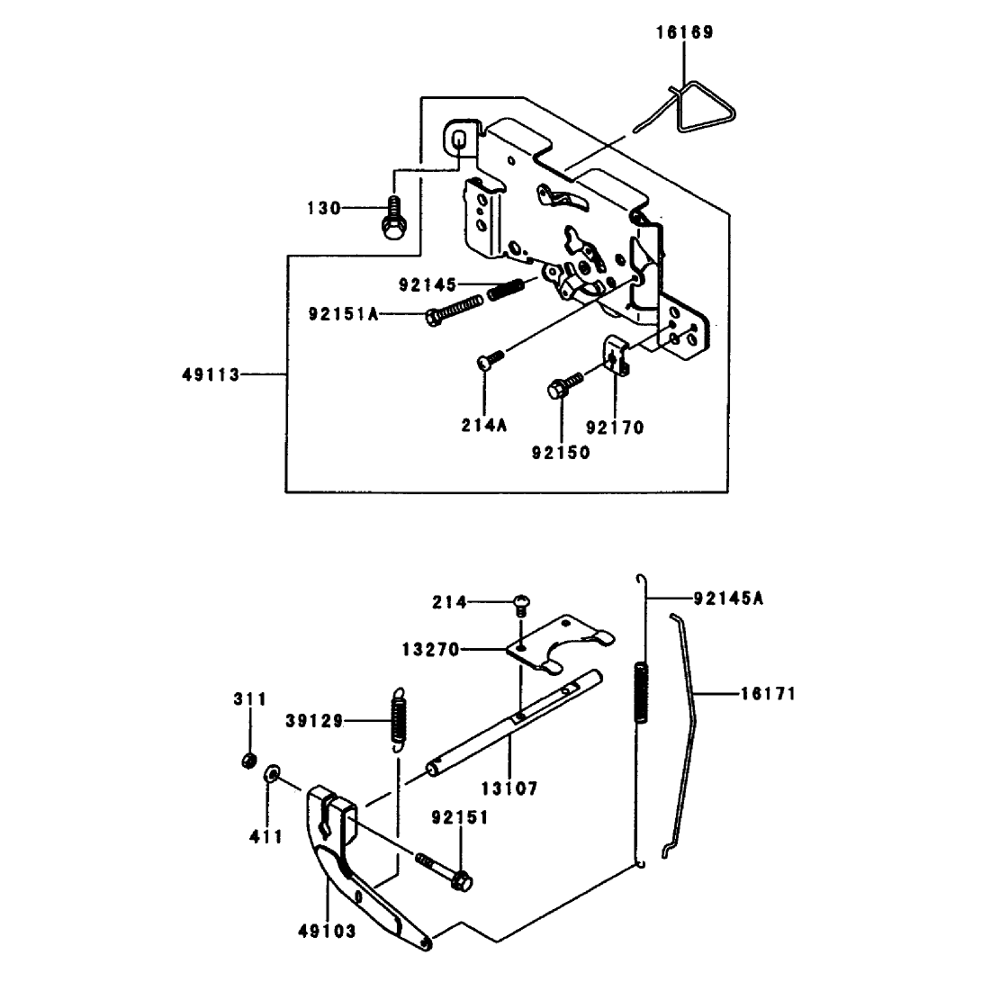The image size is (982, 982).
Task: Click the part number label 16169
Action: tap(684, 32)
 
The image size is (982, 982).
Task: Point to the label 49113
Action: tap(211, 375)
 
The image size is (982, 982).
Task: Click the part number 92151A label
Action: tap(344, 314)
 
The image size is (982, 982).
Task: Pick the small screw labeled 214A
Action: tap(490, 360)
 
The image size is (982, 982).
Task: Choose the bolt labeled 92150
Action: tap(565, 384)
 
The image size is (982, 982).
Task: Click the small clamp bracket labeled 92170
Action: tap(617, 355)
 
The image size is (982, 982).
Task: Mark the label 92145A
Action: tap(728, 599)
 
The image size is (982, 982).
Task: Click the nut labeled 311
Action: tap(249, 761)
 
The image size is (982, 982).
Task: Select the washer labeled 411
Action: tap(273, 773)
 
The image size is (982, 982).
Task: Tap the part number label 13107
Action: tap(509, 788)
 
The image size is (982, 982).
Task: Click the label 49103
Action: tap(327, 932)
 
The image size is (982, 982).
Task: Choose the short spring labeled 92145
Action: tap(506, 289)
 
